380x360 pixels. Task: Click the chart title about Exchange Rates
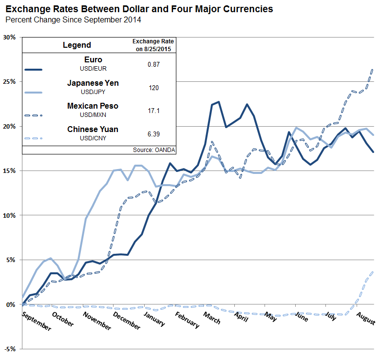[139, 9]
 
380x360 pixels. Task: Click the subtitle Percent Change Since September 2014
[73, 20]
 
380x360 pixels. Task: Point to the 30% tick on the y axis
[10, 38]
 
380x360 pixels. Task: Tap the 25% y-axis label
[10, 82]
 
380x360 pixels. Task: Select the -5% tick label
[10, 349]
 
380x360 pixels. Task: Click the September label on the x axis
[37, 321]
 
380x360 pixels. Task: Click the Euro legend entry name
[93, 60]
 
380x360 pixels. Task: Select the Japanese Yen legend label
[93, 83]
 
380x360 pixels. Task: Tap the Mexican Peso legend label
[93, 106]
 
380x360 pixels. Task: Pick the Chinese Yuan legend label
[93, 129]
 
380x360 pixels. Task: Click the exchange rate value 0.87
[153, 64]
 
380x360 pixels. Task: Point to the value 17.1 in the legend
[153, 111]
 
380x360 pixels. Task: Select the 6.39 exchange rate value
[153, 133]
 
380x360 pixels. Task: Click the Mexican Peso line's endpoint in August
[373, 70]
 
